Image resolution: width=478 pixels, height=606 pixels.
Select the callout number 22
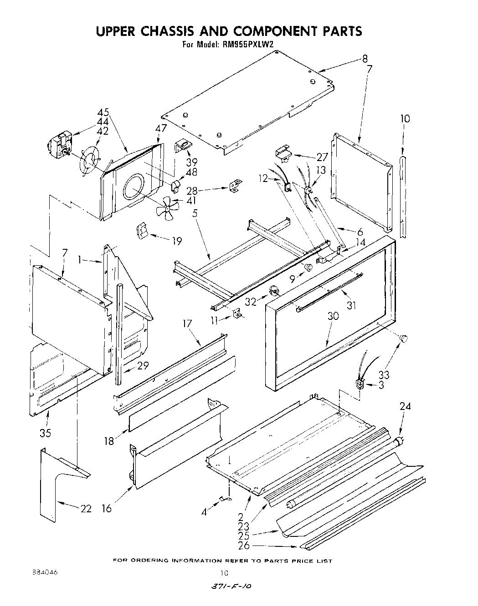point(86,509)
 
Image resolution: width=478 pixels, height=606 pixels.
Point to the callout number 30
point(333,316)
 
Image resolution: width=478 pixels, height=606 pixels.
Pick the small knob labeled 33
point(403,338)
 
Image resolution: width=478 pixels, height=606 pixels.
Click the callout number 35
point(45,433)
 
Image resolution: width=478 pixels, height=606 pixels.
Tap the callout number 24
point(405,406)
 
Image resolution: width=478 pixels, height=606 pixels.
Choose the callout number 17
point(187,323)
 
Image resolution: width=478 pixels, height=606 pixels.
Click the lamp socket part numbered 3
point(360,384)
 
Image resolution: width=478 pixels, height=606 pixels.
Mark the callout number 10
point(405,119)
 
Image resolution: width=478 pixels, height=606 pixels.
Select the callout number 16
point(106,508)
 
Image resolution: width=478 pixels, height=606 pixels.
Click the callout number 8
point(365,58)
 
